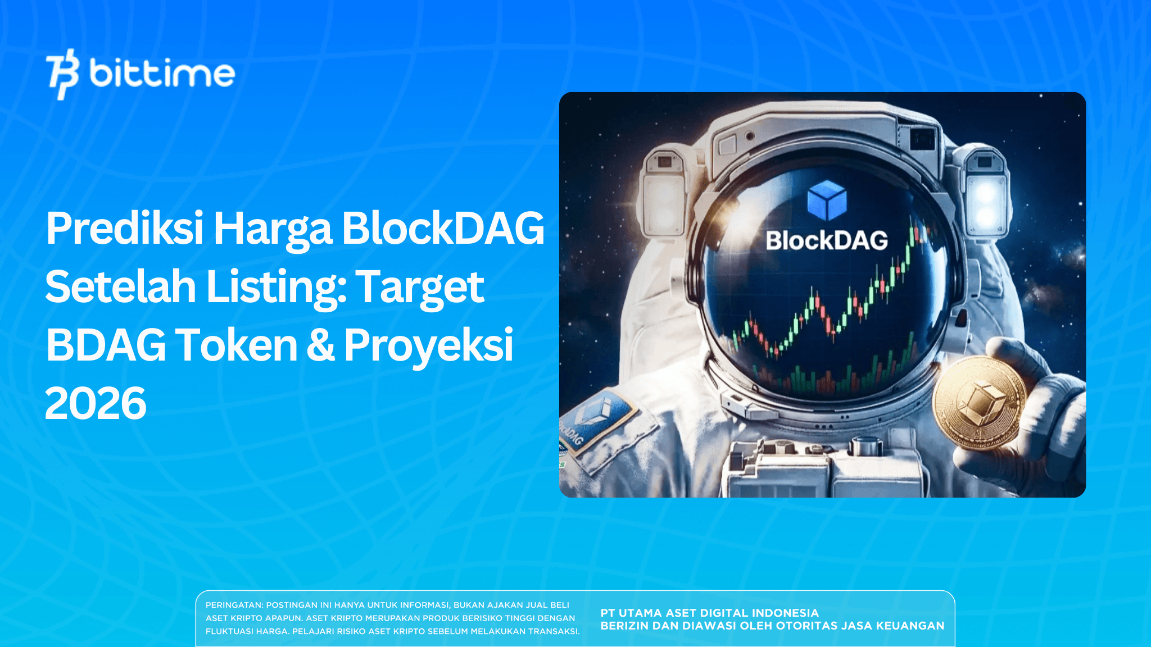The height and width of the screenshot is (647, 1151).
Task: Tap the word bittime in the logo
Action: coord(162,74)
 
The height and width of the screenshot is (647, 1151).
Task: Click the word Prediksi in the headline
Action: coord(125,229)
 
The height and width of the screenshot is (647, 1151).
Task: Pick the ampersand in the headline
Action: coord(320,345)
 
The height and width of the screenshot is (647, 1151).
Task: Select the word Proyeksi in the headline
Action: coord(428,346)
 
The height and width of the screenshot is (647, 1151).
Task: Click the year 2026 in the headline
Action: coord(96,403)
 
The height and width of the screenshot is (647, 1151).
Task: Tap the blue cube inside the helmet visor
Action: coord(827,200)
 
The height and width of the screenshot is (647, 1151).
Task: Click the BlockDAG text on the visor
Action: coord(827,240)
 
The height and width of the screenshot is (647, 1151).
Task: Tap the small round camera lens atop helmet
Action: coord(750,136)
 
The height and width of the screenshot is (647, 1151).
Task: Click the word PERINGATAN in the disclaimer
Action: coord(234,605)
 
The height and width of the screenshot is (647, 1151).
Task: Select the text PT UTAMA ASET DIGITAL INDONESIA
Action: coord(709,613)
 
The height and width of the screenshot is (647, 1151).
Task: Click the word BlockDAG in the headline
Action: coord(443,229)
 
